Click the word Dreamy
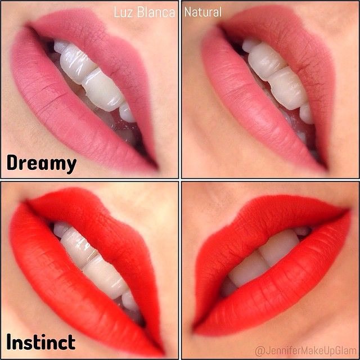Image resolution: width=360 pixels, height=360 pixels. click(x=42, y=163)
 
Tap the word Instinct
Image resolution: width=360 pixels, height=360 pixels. click(x=41, y=341)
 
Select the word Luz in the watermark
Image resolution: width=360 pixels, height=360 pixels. click(x=123, y=12)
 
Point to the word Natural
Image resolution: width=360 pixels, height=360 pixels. click(x=203, y=12)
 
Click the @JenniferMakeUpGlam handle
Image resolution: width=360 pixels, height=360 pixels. click(x=305, y=351)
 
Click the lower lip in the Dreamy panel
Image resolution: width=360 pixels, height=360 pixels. click(x=69, y=110)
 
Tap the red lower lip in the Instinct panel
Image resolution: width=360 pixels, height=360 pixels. click(x=69, y=291)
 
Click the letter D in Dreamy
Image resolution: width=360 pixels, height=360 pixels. click(x=12, y=163)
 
